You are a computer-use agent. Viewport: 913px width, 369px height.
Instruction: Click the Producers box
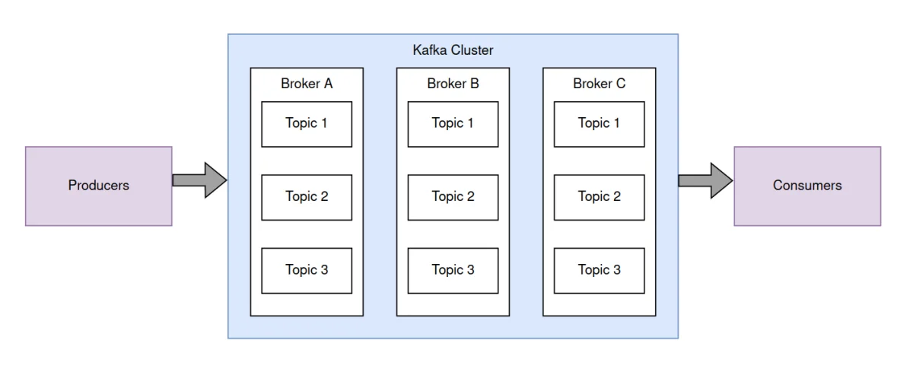tap(99, 186)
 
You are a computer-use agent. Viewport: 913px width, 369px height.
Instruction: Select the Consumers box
tap(807, 186)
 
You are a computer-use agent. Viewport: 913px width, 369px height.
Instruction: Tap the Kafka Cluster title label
tap(453, 50)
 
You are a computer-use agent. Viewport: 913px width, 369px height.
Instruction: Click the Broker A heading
tap(307, 84)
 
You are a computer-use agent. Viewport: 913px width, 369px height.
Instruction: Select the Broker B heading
tap(453, 84)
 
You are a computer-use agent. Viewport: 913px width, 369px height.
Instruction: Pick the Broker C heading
tap(599, 84)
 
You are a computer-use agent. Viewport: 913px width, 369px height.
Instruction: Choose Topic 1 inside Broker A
tap(307, 123)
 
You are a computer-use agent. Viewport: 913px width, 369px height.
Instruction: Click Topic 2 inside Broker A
tap(307, 197)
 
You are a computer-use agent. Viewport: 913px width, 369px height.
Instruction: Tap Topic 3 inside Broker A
tap(307, 270)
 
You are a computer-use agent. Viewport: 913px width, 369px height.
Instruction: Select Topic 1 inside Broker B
tap(453, 123)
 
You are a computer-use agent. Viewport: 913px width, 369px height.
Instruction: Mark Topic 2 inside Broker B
tap(453, 197)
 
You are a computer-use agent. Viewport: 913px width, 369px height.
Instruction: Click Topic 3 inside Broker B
tap(453, 270)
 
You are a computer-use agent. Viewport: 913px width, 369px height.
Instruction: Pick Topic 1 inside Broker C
tap(599, 123)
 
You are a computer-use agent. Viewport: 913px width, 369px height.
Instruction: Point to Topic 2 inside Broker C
tap(599, 197)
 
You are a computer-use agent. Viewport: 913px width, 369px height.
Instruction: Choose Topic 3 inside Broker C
tap(599, 270)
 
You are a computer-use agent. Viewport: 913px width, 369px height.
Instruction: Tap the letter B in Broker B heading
tap(475, 84)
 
